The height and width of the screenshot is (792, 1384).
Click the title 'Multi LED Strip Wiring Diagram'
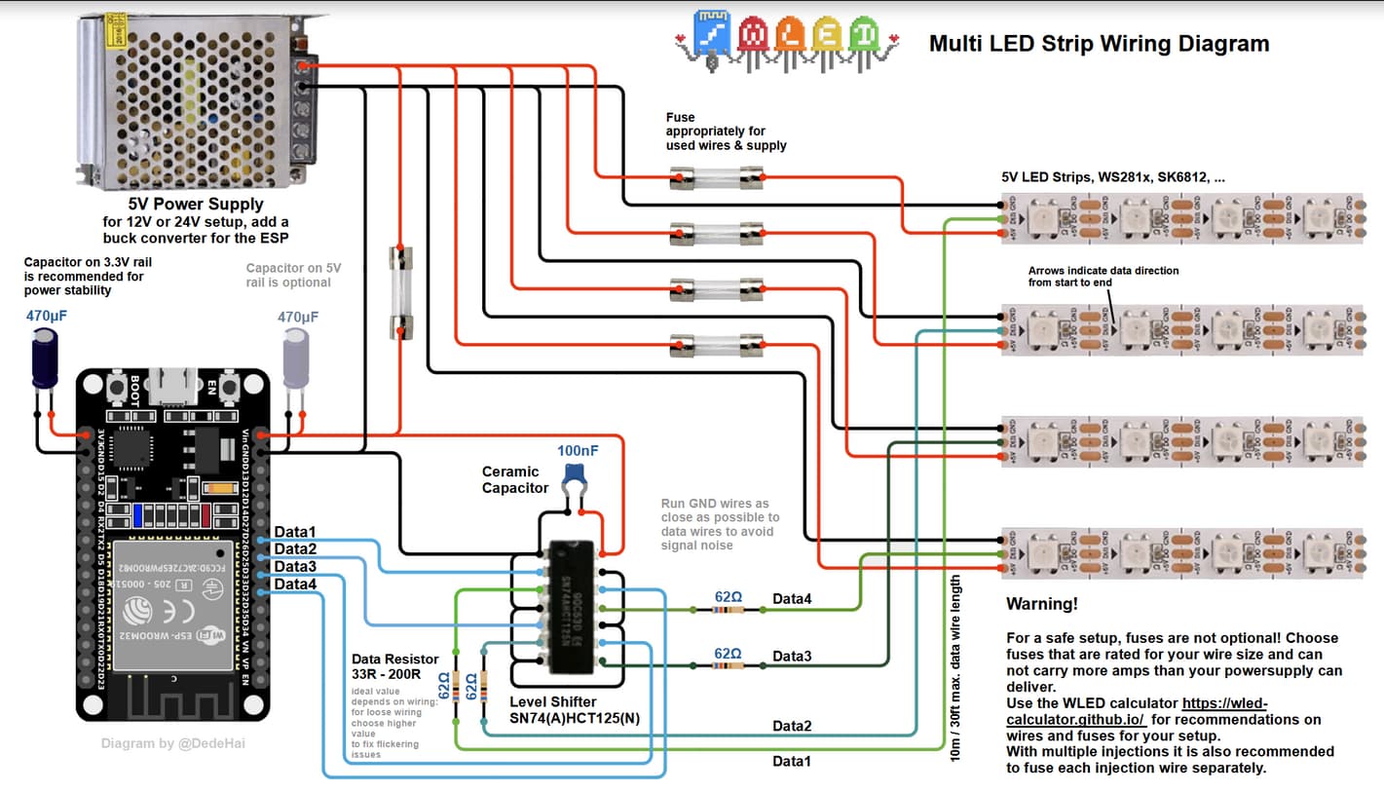coord(1099,44)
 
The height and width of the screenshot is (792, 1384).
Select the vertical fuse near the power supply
coord(400,293)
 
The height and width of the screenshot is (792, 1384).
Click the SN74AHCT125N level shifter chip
coord(573,607)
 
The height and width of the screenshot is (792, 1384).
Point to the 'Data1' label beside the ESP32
coord(295,532)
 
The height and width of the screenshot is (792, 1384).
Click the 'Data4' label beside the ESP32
coord(295,585)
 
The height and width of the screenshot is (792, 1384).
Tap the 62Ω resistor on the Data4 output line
coord(728,610)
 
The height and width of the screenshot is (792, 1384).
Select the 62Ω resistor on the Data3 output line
coord(728,666)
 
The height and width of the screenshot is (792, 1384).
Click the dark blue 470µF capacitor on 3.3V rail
coord(44,358)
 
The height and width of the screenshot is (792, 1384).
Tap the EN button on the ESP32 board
coord(230,389)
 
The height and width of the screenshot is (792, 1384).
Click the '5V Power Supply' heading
coord(196,205)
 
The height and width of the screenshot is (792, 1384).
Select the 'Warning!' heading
coord(1041,604)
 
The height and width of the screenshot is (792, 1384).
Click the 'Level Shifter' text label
coord(552,701)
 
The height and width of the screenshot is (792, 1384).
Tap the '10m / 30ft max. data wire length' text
coord(956,683)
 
